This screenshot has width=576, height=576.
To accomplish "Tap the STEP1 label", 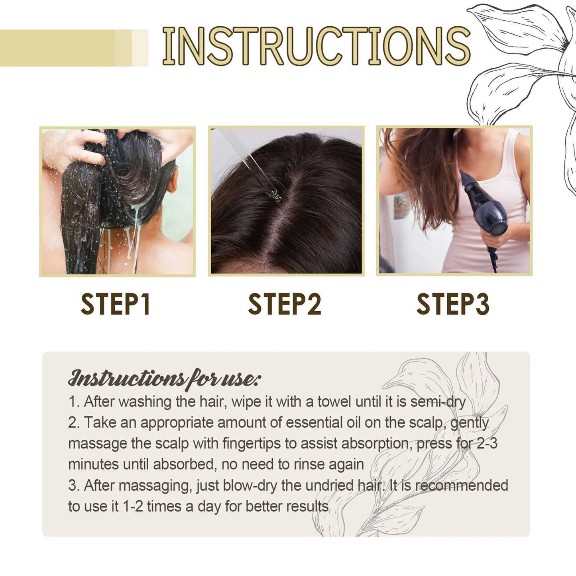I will click(116, 304).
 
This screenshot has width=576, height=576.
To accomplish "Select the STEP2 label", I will click(284, 304).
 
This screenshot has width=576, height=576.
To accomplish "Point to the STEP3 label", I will click(453, 304).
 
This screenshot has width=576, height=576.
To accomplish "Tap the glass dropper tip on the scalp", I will click(275, 195).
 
